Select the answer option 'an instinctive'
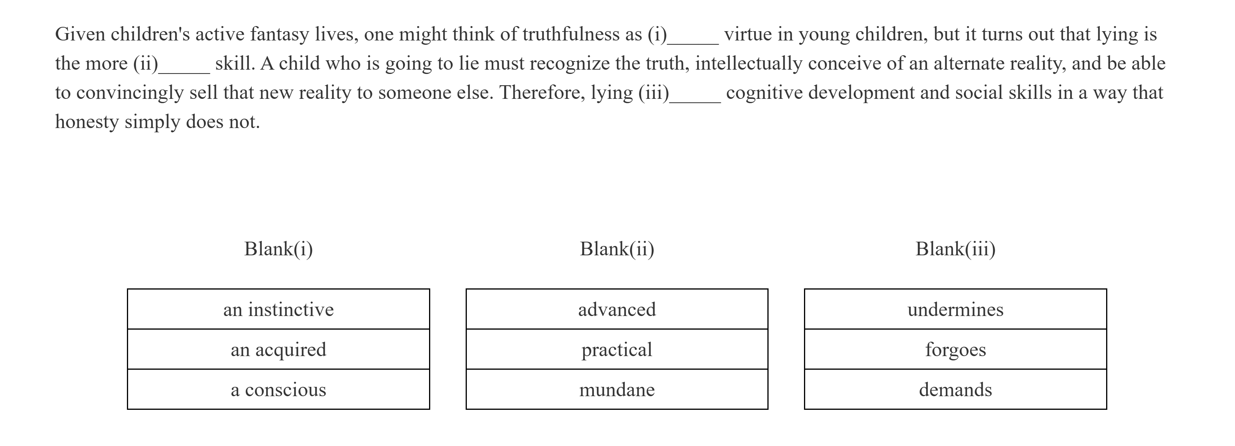tap(278, 309)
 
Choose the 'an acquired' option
tap(278, 349)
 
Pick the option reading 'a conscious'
tap(278, 390)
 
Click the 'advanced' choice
tap(617, 309)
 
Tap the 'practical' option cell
tap(617, 349)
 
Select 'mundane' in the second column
tap(617, 390)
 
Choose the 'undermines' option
tap(955, 309)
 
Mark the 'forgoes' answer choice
tap(955, 349)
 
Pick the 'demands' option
tap(955, 390)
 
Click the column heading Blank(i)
tap(278, 249)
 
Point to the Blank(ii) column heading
tap(617, 249)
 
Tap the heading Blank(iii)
tap(955, 249)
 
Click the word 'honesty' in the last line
tap(87, 122)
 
